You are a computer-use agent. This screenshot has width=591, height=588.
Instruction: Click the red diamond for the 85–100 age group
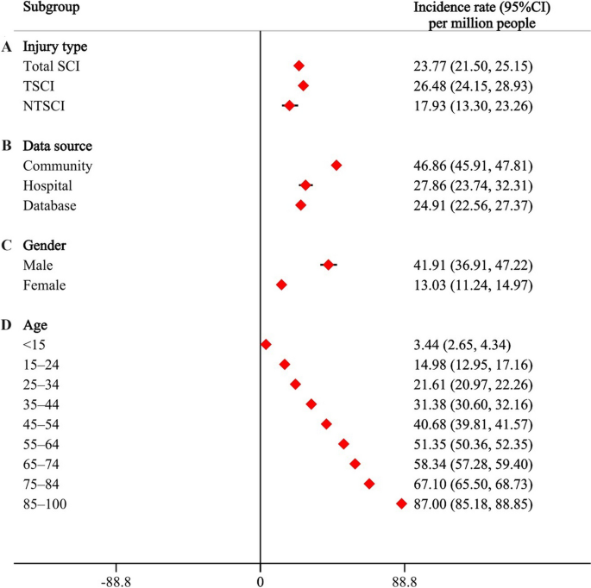click(401, 504)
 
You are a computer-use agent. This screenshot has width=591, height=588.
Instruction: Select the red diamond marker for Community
click(336, 165)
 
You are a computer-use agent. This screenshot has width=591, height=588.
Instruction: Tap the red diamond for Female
click(281, 285)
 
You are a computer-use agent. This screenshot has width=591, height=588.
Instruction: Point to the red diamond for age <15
click(266, 344)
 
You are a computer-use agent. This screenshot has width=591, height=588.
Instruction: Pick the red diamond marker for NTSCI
click(289, 105)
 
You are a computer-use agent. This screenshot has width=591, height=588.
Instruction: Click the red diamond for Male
click(328, 265)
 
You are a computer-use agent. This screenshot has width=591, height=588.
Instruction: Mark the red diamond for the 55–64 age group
click(344, 444)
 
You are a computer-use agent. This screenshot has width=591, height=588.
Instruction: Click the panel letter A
click(7, 46)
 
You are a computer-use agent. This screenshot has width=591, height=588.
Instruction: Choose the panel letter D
click(7, 325)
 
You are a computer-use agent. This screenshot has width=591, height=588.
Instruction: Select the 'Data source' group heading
click(58, 146)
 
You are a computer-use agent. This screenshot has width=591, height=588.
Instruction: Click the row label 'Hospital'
click(47, 185)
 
